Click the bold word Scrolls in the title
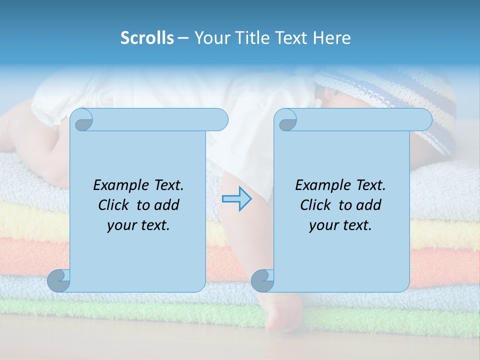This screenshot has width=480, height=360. tap(147, 38)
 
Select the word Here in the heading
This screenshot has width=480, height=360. tap(331, 38)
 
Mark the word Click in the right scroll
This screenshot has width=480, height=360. tap(315, 205)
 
